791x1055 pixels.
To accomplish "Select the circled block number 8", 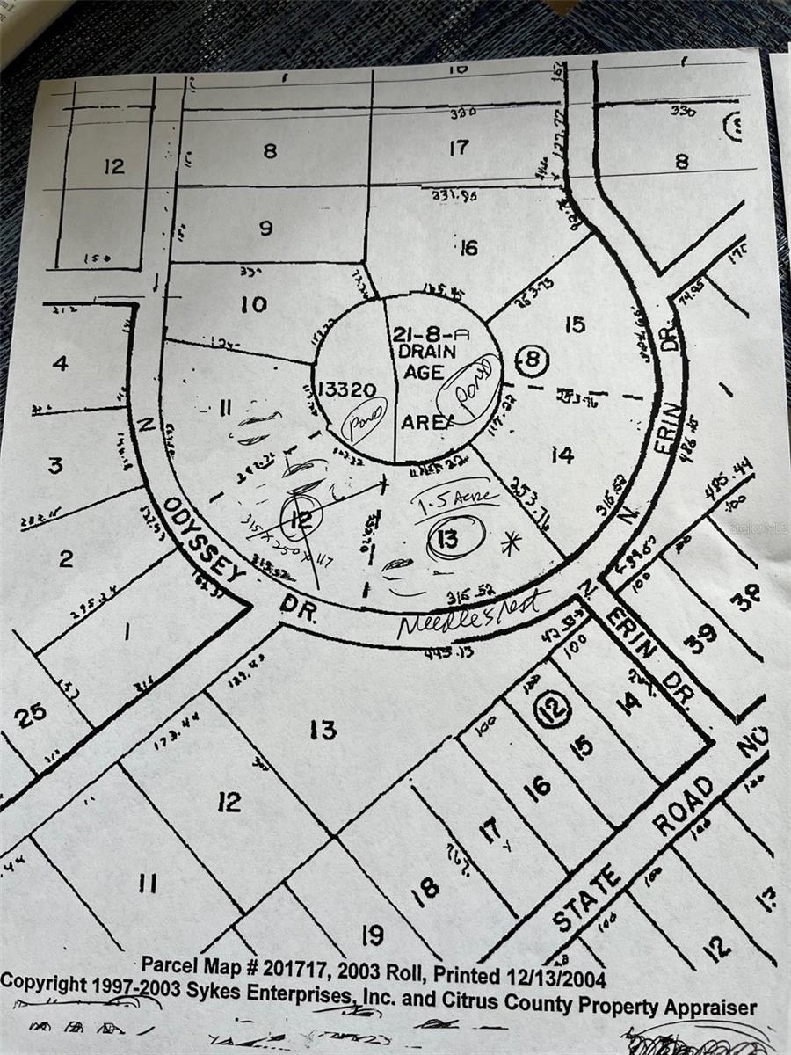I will tap(533, 360).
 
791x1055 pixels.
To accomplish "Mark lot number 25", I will tap(29, 715).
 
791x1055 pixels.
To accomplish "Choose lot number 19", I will tap(373, 935).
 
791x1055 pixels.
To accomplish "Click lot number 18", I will tap(425, 888).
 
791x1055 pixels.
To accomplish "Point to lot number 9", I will tap(265, 228).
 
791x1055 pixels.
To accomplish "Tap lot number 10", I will tap(253, 305).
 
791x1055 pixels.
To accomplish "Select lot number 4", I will tap(60, 362).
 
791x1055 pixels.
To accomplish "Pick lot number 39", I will tap(700, 636).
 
